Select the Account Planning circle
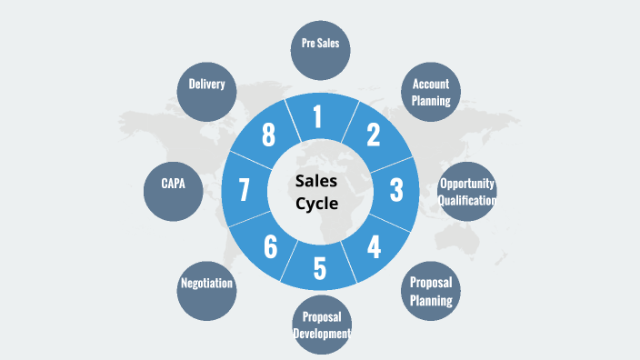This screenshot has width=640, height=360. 431,92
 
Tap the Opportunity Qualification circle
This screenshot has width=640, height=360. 467,192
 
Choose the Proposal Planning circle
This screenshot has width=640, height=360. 431,290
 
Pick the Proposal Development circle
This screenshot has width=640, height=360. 321,325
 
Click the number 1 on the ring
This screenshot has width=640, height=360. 317,117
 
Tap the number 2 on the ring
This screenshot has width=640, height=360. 373,135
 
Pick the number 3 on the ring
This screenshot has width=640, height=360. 396,190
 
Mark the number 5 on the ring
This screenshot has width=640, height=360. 319,269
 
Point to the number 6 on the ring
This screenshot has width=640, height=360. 269,245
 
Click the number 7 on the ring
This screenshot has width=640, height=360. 244,190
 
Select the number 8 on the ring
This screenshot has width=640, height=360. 268,135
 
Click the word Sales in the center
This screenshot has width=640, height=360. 316,181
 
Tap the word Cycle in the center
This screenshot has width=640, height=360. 316,203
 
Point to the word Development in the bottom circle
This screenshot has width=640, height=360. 322,334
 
